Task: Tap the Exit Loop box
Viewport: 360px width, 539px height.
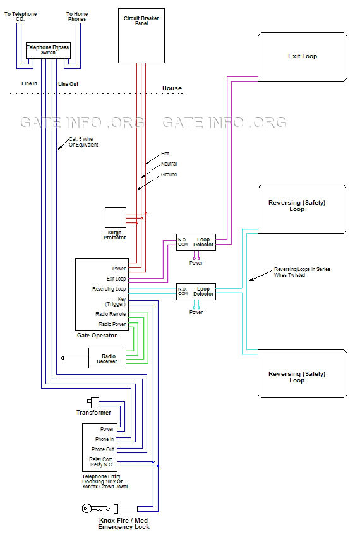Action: pos(302,56)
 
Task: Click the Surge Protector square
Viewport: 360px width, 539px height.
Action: pos(115,217)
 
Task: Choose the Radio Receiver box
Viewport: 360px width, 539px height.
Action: pos(107,357)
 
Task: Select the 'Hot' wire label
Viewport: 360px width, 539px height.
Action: pos(165,154)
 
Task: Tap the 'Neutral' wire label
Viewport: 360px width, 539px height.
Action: pos(168,164)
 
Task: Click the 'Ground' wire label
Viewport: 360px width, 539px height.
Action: pos(169,174)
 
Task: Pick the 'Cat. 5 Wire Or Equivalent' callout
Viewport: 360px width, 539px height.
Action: pos(83,142)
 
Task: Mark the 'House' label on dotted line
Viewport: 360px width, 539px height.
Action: pos(171,88)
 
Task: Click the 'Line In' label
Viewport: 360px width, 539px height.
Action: pos(29,83)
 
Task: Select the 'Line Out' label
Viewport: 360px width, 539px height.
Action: pos(68,83)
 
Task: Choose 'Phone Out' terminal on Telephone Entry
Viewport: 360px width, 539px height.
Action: pos(102,449)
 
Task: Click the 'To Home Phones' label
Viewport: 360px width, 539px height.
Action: pos(77,16)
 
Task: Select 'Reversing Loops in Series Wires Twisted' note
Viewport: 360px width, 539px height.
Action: pos(301,272)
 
